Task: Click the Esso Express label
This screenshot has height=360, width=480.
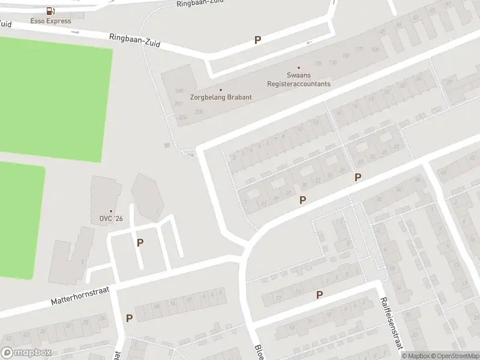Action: coord(51,21)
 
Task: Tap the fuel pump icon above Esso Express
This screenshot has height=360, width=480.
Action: coord(50,11)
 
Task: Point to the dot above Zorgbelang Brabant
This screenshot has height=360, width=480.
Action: coord(220,90)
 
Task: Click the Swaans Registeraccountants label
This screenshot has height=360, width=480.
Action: coord(298,80)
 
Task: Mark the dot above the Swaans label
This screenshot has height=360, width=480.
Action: coord(298,68)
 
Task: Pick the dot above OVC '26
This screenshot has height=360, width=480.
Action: coord(110,211)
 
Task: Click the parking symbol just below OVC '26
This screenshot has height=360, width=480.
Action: coord(140,242)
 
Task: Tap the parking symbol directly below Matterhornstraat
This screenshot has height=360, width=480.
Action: coord(129,318)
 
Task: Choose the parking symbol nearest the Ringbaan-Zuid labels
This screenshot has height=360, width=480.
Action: coord(258,40)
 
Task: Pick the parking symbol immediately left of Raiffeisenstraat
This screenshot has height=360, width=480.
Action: coord(319,295)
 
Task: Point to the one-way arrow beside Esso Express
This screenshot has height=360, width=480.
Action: coord(76,31)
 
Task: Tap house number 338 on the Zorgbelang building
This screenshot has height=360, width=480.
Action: coord(178,91)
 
